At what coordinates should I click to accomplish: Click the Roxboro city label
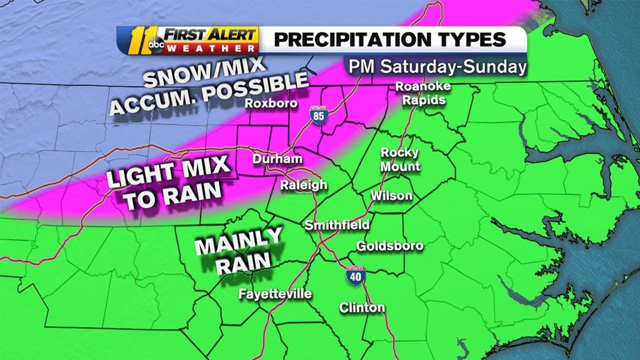[x=271, y=103]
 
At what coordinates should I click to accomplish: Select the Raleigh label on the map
[x=303, y=185]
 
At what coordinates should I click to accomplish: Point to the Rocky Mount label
[x=400, y=159]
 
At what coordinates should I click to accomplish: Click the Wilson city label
[x=391, y=196]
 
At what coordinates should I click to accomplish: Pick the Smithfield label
[x=337, y=225]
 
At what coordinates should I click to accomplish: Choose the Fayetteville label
[x=275, y=293]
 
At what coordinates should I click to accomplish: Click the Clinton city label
[x=362, y=307]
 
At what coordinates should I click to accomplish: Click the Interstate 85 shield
[x=315, y=115]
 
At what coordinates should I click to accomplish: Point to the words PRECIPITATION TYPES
[x=390, y=39]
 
